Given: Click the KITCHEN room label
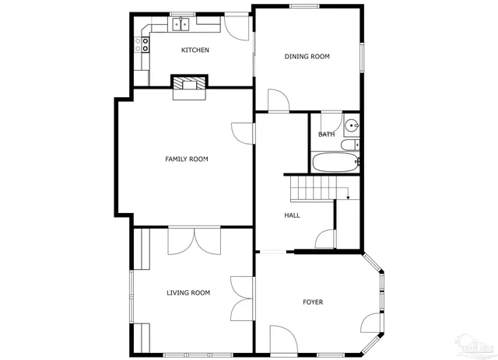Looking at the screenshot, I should click(195, 51).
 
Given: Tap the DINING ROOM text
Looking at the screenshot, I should click(307, 57).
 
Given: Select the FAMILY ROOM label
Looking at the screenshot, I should click(186, 159).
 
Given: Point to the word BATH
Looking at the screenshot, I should click(326, 135).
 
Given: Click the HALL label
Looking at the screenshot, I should click(292, 215).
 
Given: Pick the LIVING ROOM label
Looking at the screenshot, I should click(188, 293).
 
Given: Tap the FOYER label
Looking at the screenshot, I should click(313, 302).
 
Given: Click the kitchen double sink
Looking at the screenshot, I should click(181, 25).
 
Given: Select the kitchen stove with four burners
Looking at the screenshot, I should click(142, 44).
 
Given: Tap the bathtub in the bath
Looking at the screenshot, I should click(335, 163).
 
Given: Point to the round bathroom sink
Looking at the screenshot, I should click(352, 125).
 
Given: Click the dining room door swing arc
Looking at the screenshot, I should click(279, 100).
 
